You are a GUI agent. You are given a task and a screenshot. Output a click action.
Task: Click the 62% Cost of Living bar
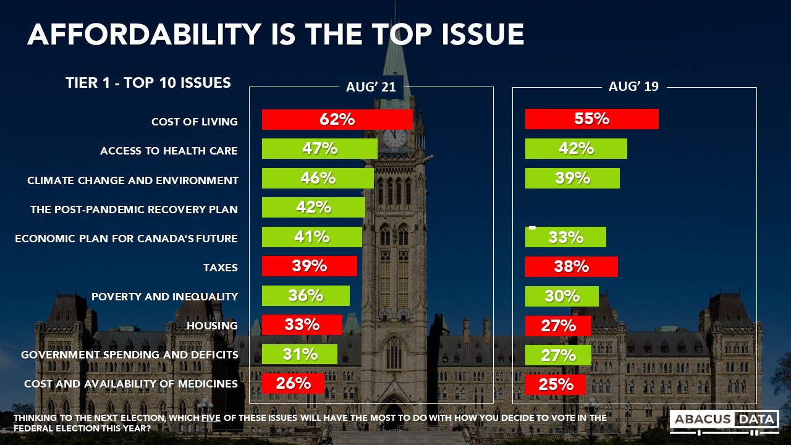[337, 119]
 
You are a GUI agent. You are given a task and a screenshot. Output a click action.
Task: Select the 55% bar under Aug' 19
[591, 119]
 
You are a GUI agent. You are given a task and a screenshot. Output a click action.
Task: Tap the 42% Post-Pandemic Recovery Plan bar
[313, 207]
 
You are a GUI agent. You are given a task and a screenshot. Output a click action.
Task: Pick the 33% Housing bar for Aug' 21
[302, 324]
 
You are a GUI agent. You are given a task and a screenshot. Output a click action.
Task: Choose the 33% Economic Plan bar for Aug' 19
[565, 237]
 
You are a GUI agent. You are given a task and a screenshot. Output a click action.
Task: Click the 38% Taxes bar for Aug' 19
[571, 266]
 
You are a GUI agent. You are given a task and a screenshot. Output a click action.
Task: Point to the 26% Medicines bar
[293, 383]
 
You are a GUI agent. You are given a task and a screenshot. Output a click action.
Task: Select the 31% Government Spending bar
[300, 354]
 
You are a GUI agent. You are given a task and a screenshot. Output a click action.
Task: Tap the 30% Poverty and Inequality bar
[562, 296]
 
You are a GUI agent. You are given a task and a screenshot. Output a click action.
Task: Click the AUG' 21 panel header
[371, 87]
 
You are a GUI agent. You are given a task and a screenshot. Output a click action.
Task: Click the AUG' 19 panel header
[633, 87]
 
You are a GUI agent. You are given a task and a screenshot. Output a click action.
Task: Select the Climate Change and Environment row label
[133, 180]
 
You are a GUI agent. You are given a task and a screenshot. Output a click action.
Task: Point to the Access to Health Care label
[169, 151]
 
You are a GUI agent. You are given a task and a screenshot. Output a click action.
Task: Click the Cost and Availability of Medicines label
[131, 384]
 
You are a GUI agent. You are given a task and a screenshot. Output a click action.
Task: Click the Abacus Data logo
[724, 420]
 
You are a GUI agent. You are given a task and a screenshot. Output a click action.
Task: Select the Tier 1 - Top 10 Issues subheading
[148, 83]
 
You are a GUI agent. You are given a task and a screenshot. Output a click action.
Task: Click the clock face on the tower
[394, 138]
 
